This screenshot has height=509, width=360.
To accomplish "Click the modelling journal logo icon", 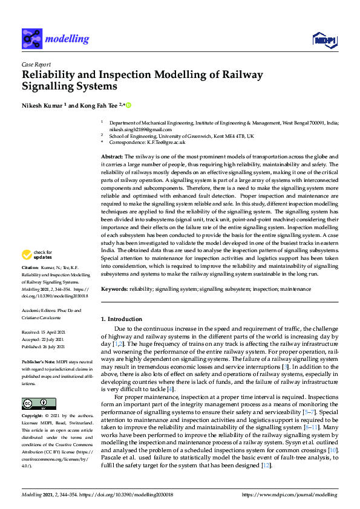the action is coord(32,39).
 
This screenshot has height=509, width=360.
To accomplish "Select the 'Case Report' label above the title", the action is coord(36,64).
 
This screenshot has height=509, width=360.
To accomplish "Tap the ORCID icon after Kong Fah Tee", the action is coord(128,105).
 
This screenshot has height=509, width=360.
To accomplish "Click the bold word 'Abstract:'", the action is coord(113,157).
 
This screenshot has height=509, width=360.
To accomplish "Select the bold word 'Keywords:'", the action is coord(114,290).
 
